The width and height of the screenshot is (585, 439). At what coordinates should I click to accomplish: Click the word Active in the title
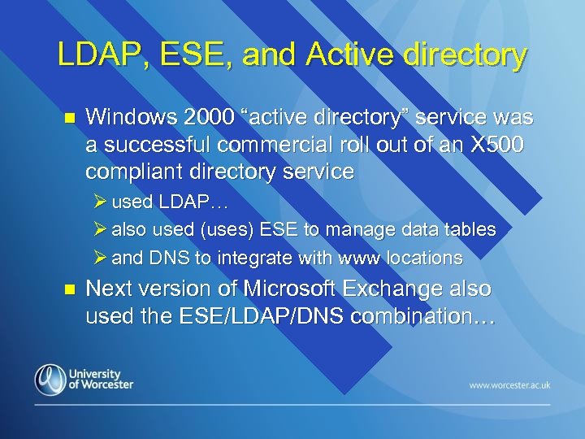pyautogui.click(x=340, y=54)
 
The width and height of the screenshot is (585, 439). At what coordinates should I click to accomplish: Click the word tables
pyautogui.click(x=469, y=230)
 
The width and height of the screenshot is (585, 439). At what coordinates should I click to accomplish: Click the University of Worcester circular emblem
pyautogui.click(x=50, y=380)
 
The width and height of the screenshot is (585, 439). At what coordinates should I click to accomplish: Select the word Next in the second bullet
pyautogui.click(x=109, y=289)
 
